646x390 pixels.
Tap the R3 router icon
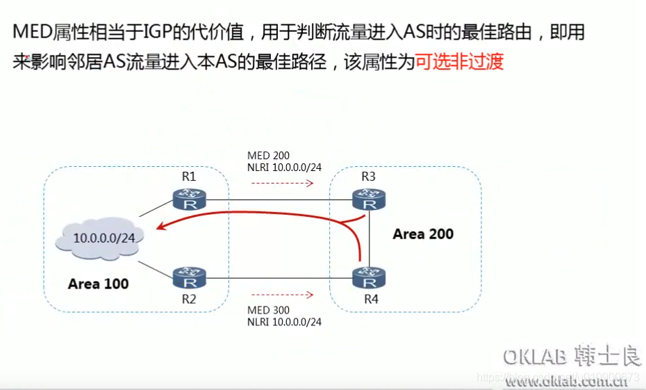tap(368, 200)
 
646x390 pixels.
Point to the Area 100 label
tap(98, 284)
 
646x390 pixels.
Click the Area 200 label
tap(423, 234)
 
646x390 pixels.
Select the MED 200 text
tap(268, 156)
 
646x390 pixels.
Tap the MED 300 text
tap(268, 309)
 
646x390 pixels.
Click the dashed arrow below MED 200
tap(281, 184)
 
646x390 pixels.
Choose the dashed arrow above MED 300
tap(281, 294)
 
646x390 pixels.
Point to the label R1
tap(189, 177)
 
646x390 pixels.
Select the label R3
tap(368, 177)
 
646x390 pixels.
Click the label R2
tap(189, 300)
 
